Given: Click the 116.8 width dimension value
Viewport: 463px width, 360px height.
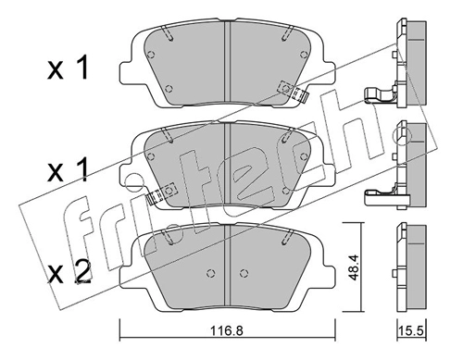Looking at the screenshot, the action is (x=227, y=331).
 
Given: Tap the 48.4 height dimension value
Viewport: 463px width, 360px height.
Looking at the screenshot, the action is (x=353, y=267).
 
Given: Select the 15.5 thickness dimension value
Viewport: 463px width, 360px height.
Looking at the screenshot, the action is (x=412, y=331).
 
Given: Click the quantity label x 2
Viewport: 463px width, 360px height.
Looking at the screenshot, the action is (x=69, y=272).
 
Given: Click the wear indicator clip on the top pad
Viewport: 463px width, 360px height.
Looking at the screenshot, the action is (x=294, y=92).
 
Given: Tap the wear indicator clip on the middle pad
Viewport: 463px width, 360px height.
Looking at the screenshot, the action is (x=161, y=193).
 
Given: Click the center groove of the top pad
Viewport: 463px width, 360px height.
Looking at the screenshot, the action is (x=227, y=64).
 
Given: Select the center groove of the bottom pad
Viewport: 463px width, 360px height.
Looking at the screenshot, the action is (x=227, y=267).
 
